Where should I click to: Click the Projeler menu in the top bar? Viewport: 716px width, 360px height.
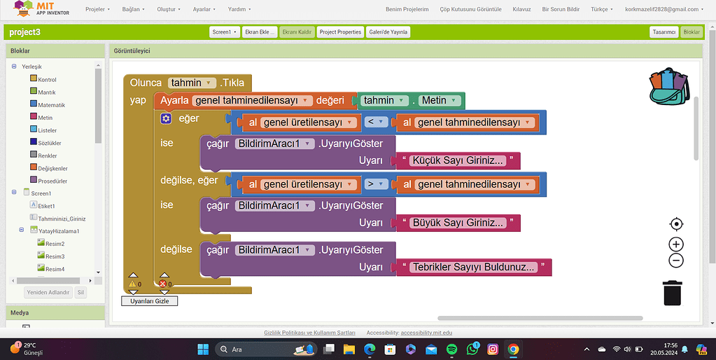pos(97,9)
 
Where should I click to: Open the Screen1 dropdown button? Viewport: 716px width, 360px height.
pos(224,32)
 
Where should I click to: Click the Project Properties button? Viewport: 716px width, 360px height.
pos(340,32)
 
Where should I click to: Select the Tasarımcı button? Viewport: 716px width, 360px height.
pos(664,32)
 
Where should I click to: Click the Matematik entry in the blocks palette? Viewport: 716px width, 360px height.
pos(52,105)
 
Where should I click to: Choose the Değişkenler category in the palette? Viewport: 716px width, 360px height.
pos(52,168)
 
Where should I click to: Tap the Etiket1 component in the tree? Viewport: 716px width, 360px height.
pos(46,206)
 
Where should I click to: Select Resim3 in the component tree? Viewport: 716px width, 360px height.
pos(55,256)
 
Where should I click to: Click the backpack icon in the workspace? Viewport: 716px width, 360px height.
pos(668,87)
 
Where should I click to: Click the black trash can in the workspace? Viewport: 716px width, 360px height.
pos(673,292)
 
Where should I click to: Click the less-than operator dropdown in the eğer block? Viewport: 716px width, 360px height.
pos(377,123)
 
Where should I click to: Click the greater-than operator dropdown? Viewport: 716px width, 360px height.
pos(377,184)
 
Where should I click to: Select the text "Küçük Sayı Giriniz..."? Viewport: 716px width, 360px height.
pos(458,161)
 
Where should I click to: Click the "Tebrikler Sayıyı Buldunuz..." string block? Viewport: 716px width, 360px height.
pos(474,267)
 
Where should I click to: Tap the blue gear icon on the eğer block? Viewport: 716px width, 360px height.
pos(166,118)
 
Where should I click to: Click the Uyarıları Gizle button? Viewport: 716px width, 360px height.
pos(149,301)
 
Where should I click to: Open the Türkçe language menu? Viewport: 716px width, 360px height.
pos(602,9)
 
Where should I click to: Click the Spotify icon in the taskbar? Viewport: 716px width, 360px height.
pos(451,349)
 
